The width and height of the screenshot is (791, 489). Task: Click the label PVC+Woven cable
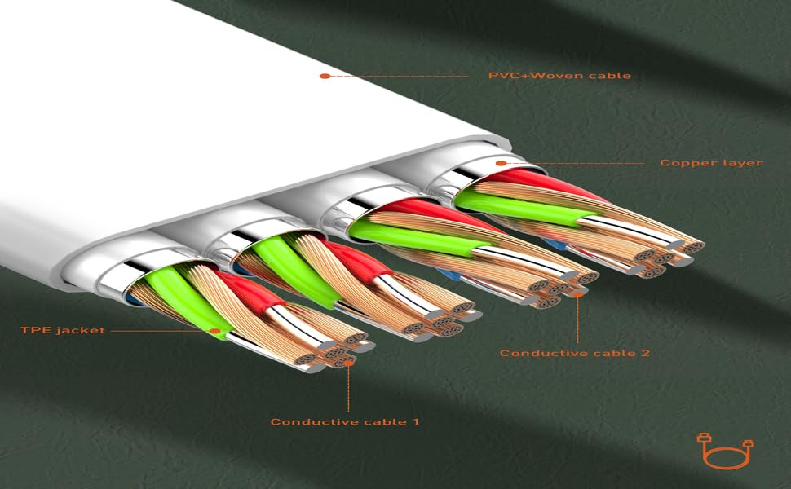(559, 76)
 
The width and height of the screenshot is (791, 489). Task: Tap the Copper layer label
(710, 163)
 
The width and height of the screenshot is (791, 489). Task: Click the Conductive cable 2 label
(574, 353)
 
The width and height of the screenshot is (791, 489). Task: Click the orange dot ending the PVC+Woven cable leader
(324, 76)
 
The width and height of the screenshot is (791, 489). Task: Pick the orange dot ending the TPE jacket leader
(216, 332)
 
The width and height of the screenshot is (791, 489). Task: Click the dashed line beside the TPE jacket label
(159, 332)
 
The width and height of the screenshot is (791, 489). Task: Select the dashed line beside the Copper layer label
(579, 163)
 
